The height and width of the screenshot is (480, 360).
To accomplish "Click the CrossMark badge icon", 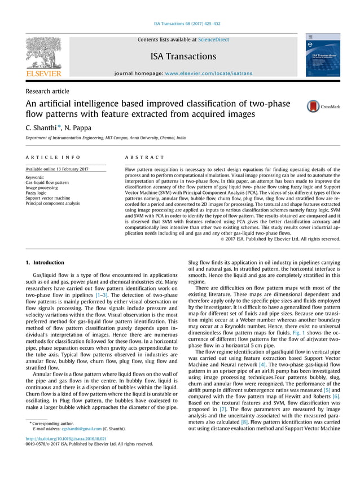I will tap(313, 106).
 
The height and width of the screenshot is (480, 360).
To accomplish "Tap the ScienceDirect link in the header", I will tap(213, 40).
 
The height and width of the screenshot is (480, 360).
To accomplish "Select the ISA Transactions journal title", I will tap(183, 56).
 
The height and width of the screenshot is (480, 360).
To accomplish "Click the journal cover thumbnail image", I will tap(323, 55).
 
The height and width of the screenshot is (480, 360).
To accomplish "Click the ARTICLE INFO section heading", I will tap(53, 157).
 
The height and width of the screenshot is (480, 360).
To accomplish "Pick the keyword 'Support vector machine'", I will tap(48, 198).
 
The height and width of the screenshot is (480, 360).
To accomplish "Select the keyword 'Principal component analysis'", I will tap(52, 204).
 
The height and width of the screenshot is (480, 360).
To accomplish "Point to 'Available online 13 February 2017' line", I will tap(57, 169).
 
